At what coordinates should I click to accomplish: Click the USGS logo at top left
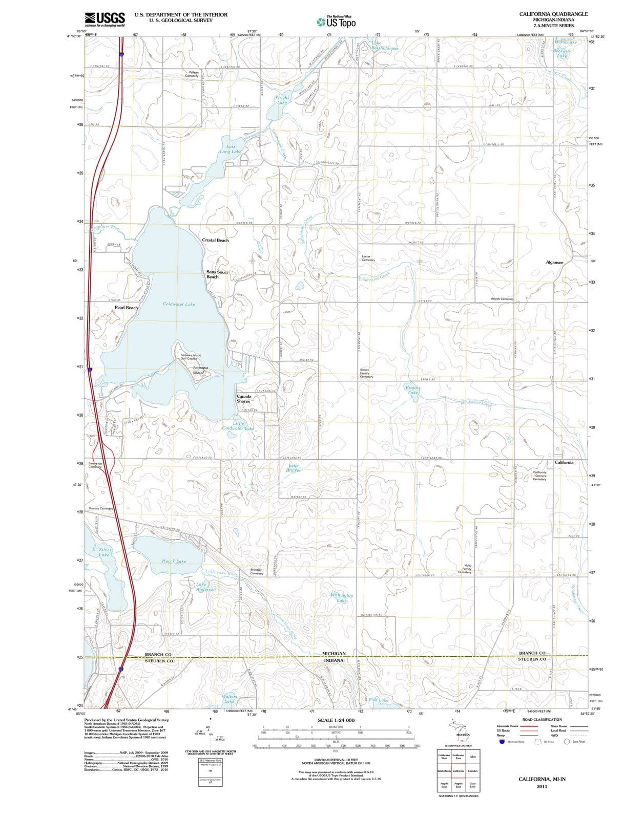tap(105, 19)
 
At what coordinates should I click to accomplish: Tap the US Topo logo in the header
tap(336, 21)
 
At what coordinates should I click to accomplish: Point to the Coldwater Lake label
tap(179, 304)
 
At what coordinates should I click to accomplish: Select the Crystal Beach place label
tap(215, 240)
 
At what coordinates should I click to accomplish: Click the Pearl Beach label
tap(126, 308)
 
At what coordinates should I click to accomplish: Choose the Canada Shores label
tap(243, 399)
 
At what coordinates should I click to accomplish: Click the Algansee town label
tap(554, 262)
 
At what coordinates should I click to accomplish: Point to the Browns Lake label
tap(413, 390)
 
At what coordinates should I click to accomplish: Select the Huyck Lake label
tap(174, 561)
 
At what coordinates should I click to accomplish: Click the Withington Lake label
tap(342, 598)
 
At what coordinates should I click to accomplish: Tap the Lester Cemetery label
tap(368, 258)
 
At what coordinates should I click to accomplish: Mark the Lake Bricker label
tap(294, 468)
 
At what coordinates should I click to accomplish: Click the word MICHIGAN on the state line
tap(334, 654)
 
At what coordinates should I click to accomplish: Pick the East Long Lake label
tap(231, 149)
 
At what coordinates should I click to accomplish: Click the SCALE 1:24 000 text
tap(336, 720)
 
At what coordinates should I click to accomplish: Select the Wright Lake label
tap(282, 100)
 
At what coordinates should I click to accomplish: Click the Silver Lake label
tap(105, 552)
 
